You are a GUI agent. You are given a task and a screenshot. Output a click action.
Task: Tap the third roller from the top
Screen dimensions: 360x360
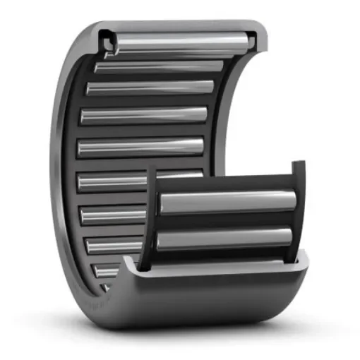pyautogui.click(x=150, y=88)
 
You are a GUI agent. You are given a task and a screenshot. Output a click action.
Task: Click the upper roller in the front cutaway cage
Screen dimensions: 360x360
pyautogui.click(x=226, y=203)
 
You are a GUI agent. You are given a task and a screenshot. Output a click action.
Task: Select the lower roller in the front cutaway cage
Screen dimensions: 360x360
pyautogui.click(x=226, y=239)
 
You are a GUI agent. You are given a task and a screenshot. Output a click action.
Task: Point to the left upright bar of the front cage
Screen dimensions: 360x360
pyautogui.click(x=150, y=219)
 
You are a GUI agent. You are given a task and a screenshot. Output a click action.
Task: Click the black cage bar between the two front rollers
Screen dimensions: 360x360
pyautogui.click(x=226, y=221)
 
